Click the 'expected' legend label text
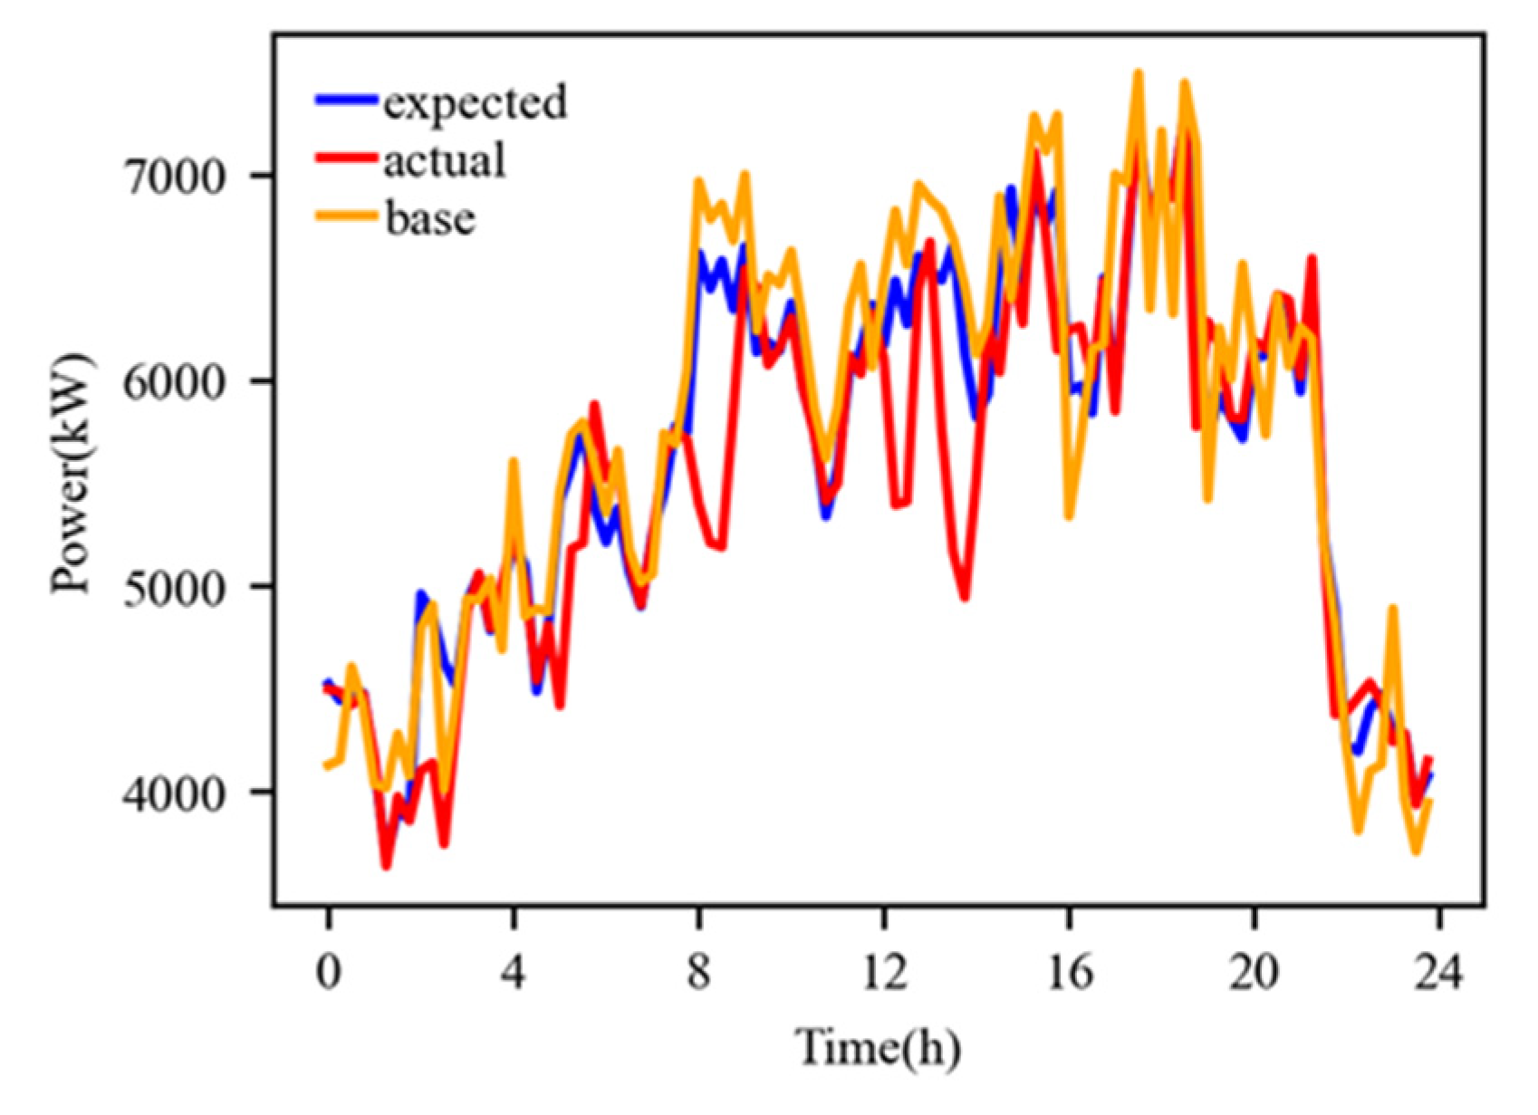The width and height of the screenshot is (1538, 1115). pos(475,102)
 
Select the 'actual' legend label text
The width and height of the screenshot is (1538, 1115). pos(444,160)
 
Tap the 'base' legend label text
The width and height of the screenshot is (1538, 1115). pos(429,218)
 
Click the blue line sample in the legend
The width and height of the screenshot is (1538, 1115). pos(345,101)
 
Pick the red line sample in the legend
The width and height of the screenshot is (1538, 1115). pos(345,158)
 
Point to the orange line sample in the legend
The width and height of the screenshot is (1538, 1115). pos(345,216)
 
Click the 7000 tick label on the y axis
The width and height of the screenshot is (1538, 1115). pos(172,176)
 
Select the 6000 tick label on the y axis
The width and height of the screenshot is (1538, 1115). pos(172,381)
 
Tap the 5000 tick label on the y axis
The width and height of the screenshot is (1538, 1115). pos(172,587)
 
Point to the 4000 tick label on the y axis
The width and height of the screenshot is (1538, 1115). pos(172,793)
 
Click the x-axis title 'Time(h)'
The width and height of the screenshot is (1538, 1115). pos(878,1048)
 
